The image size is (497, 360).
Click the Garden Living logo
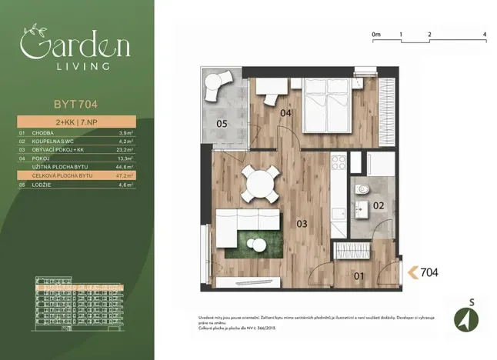pyautogui.click(x=75, y=48)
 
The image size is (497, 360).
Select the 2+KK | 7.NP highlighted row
pyautogui.click(x=75, y=122)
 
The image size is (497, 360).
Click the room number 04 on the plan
pyautogui.click(x=285, y=114)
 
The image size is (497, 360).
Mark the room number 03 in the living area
pyautogui.click(x=302, y=225)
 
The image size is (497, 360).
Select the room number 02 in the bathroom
pyautogui.click(x=378, y=205)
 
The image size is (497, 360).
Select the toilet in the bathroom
pyautogui.click(x=362, y=189)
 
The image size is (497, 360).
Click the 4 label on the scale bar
pyautogui.click(x=484, y=35)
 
